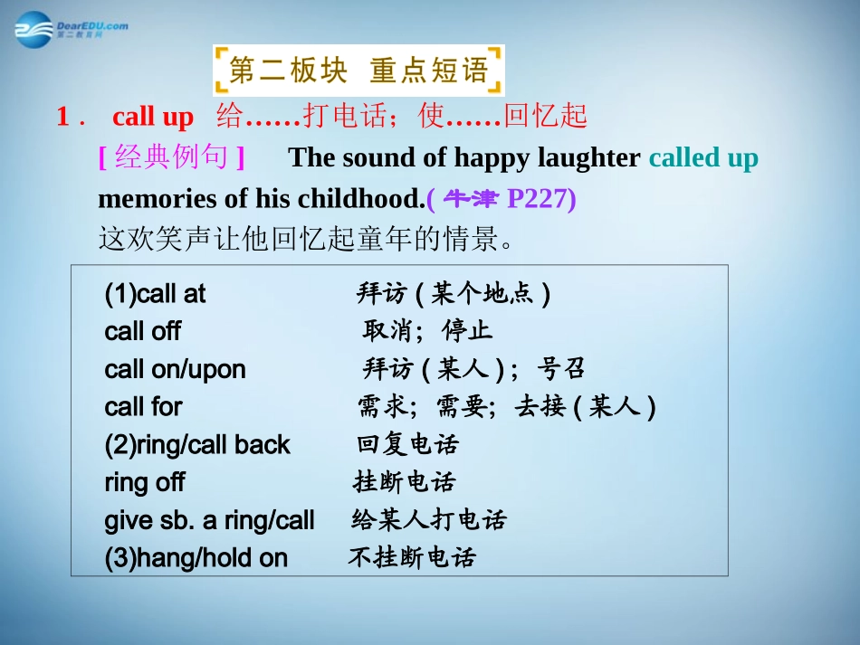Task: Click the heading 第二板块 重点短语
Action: point(358,70)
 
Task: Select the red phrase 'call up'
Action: point(153,118)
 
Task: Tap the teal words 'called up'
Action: point(703,158)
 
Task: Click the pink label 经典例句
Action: point(171,158)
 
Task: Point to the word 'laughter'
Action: point(588,158)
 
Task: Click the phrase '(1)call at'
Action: point(155,294)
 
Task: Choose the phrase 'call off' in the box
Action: point(142,332)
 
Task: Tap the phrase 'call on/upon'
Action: point(175,369)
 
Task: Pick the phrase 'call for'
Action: point(143,407)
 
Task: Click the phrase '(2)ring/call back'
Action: point(197,445)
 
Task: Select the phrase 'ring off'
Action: point(144,482)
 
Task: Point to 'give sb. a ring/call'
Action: point(209,520)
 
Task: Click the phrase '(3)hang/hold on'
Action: point(196,558)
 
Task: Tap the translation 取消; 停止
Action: point(427,331)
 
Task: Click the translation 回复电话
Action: point(407,444)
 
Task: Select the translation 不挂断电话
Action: point(411,557)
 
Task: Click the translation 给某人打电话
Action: point(428,520)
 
